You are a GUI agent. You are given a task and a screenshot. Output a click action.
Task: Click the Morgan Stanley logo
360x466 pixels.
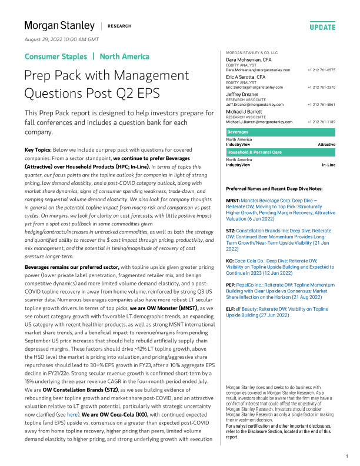point(59,26)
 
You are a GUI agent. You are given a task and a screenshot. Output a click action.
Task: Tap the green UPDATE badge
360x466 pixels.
point(322,27)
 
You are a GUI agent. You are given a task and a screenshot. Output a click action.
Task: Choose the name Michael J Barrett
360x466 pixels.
point(248,111)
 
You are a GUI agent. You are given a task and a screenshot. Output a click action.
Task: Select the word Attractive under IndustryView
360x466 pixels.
point(326,144)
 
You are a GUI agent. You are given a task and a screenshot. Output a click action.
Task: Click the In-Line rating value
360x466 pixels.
point(328,165)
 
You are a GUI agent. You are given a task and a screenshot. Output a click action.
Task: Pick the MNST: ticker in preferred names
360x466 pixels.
point(233,201)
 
